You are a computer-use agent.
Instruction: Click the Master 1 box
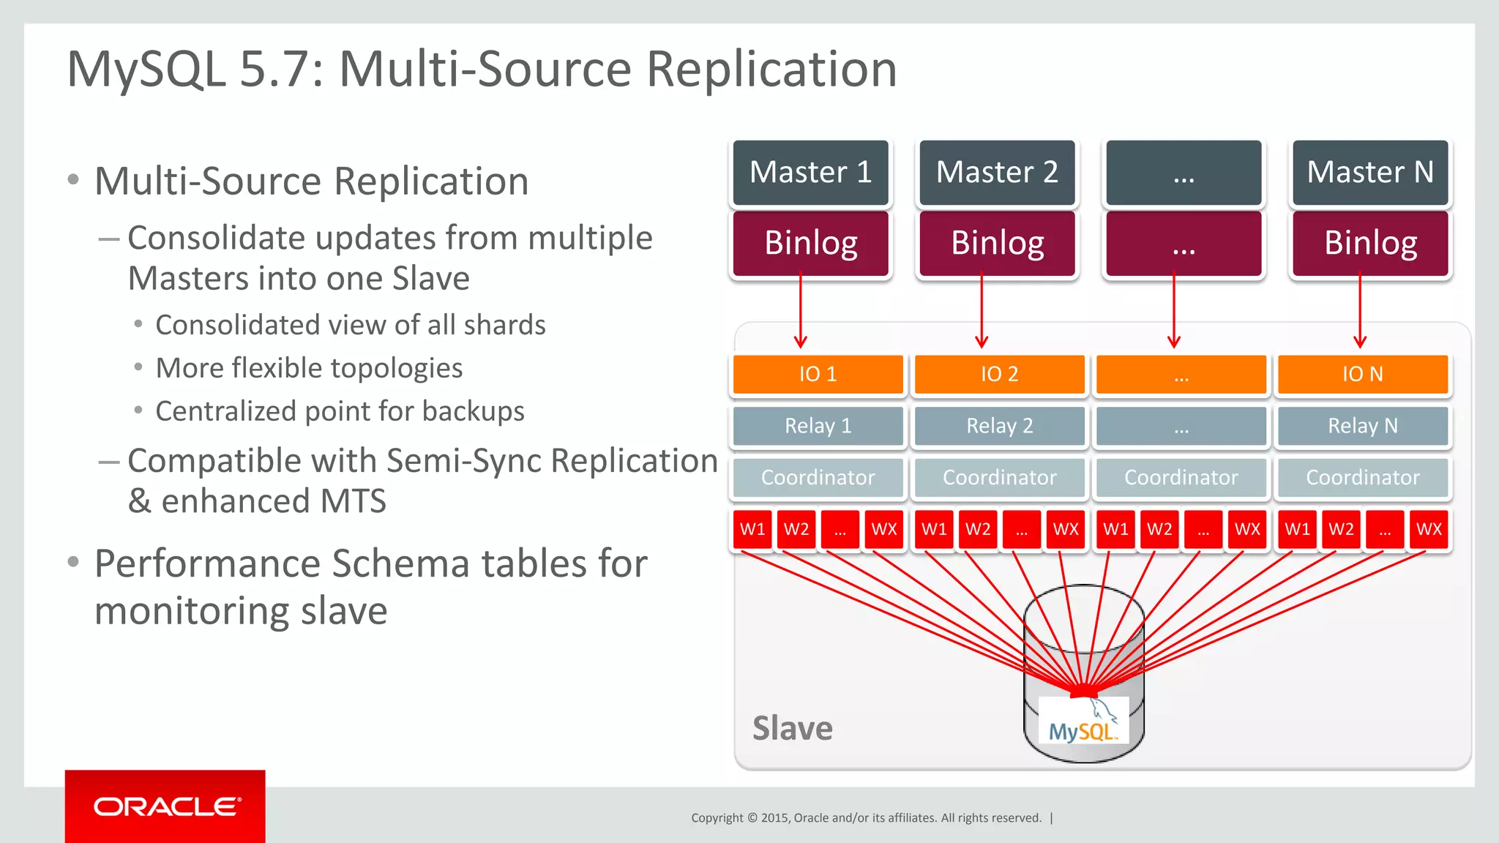coord(810,173)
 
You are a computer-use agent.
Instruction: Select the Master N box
coord(1369,173)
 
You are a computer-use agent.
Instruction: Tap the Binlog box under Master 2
coord(997,243)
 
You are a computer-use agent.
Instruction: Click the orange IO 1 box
coord(818,374)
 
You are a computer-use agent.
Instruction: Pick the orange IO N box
coord(1362,374)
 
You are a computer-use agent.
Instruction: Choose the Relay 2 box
coord(999,426)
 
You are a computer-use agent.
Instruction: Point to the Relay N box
coord(1362,426)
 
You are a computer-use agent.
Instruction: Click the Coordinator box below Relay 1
coord(818,478)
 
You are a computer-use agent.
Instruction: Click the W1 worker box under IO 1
coord(752,529)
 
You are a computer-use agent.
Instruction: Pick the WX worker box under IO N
coord(1428,529)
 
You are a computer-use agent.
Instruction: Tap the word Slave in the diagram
coord(792,729)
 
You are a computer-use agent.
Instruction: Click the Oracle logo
coord(166,806)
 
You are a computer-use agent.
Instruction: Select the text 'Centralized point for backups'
coord(340,411)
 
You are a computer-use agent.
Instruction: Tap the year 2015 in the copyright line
coord(774,818)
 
